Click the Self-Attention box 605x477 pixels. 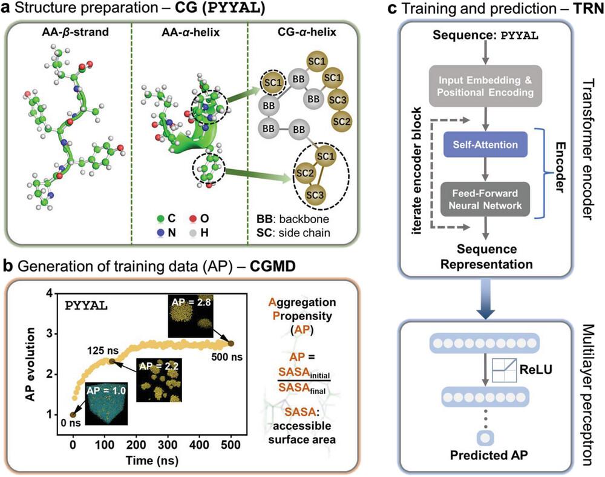click(x=485, y=145)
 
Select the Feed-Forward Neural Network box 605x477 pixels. click(x=485, y=199)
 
